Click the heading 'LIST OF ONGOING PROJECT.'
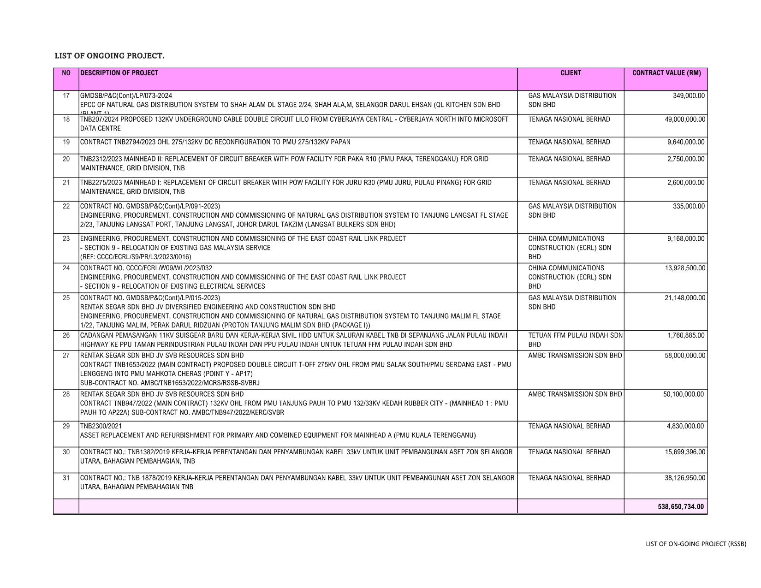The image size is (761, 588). [109, 56]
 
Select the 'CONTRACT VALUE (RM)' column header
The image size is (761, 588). [666, 73]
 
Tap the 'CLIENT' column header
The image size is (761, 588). [571, 73]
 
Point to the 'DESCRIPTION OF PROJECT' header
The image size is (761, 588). [119, 73]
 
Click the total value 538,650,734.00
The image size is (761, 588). [681, 507]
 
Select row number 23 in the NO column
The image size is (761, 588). [66, 239]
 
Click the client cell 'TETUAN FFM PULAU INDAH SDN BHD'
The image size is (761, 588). [575, 340]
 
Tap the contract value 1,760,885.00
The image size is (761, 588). [686, 335]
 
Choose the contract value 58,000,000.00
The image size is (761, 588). [685, 356]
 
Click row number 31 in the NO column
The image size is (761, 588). [66, 478]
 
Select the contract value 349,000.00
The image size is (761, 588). [689, 96]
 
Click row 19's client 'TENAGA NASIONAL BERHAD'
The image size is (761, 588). [569, 142]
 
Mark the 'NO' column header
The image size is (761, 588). [66, 73]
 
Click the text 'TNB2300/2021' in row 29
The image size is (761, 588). [101, 426]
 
